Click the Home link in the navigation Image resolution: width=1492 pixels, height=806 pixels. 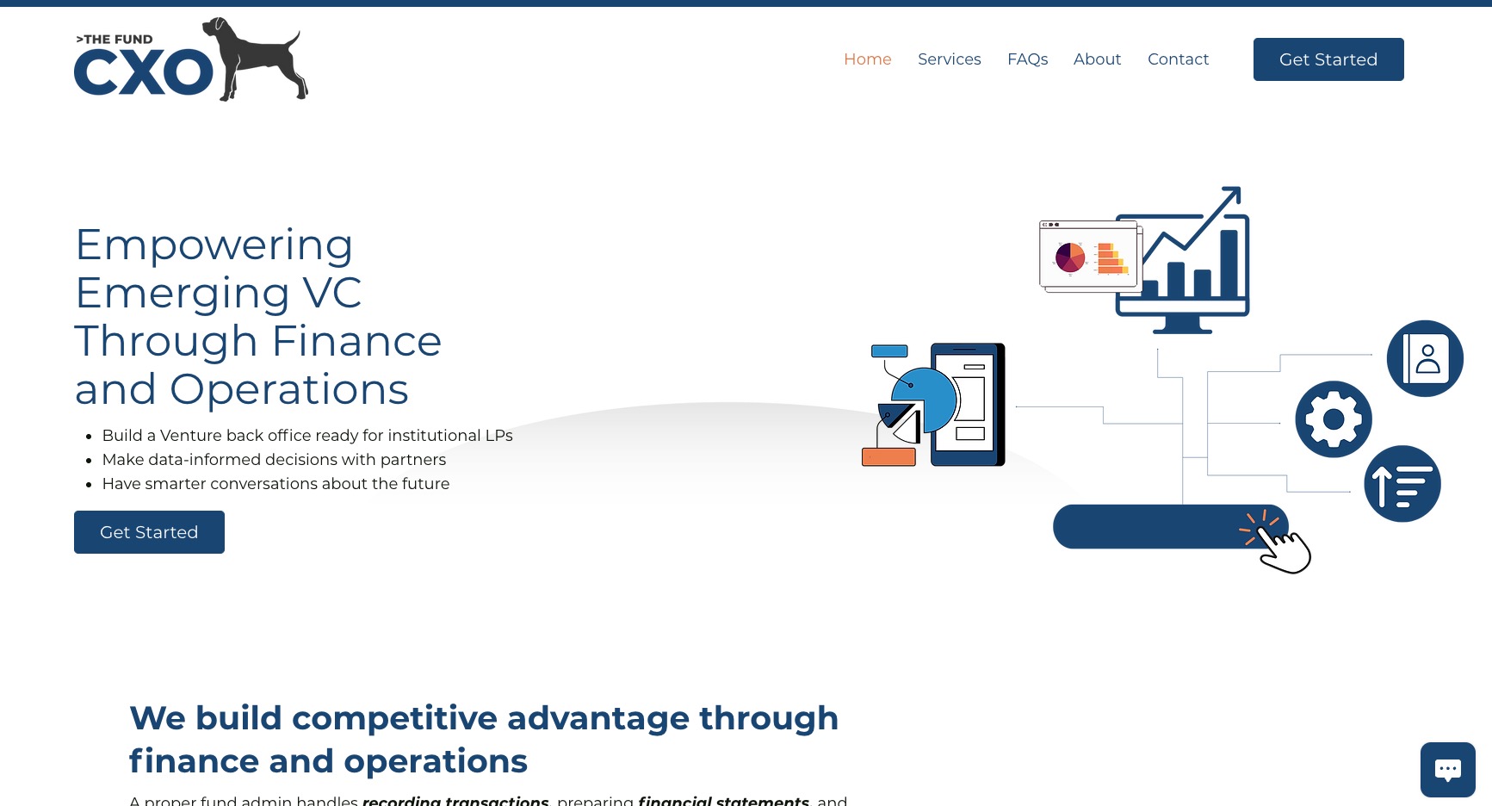(x=867, y=59)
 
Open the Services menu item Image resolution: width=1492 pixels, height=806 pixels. (x=949, y=59)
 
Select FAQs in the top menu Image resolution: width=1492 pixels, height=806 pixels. (x=1027, y=59)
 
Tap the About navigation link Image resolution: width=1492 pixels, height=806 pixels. (x=1097, y=59)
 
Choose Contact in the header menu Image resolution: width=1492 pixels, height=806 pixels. (x=1178, y=59)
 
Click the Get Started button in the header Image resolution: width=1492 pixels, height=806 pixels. (x=1328, y=59)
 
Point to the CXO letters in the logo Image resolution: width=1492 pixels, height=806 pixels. (x=143, y=72)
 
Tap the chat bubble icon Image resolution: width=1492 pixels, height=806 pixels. (x=1447, y=769)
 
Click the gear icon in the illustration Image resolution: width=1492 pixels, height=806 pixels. (x=1333, y=419)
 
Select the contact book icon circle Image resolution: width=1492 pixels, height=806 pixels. (x=1425, y=358)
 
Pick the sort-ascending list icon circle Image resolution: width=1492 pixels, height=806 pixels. (x=1402, y=484)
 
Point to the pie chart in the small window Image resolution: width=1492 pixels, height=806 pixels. (x=1070, y=257)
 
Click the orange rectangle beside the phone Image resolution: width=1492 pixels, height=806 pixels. (x=888, y=456)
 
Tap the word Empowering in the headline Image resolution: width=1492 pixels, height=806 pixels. (x=214, y=245)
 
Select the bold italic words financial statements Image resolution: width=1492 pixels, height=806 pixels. (x=723, y=800)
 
